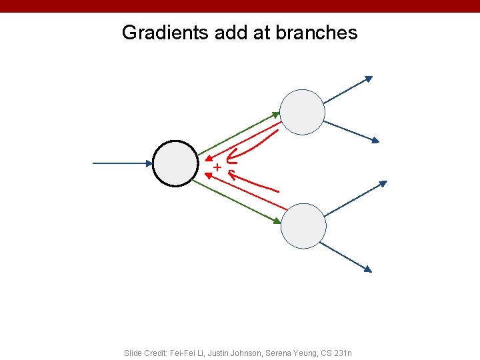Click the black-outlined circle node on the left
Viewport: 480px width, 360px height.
[175, 163]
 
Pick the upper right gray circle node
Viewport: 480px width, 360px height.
[302, 112]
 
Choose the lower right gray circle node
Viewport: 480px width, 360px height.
[303, 226]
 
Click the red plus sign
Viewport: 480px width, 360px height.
[217, 166]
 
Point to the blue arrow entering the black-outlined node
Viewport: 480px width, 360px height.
[123, 163]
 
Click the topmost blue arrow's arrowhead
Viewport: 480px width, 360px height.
[369, 79]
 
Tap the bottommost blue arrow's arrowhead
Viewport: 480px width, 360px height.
[367, 269]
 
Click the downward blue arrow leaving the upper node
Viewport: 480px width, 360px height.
[352, 131]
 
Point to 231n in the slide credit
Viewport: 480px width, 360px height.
[343, 353]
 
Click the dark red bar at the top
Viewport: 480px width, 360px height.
[240, 6]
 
